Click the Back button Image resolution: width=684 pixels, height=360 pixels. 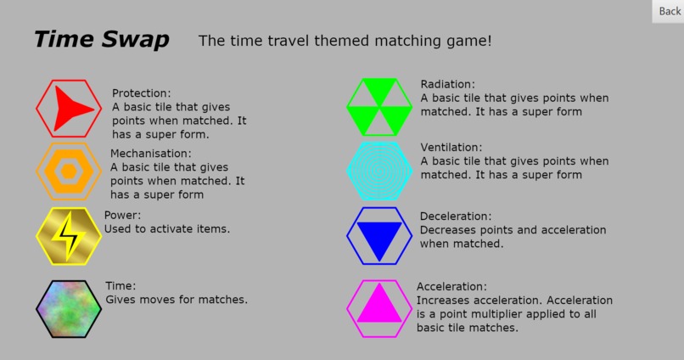point(669,11)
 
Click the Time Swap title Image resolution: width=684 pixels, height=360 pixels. point(101,40)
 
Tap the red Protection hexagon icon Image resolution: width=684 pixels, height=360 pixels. point(70,108)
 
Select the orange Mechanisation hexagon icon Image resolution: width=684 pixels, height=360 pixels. point(69,171)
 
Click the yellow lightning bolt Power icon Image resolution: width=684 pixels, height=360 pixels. point(69,236)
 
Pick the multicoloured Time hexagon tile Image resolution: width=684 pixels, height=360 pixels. point(69,309)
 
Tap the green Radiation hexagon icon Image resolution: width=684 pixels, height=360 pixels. point(378,107)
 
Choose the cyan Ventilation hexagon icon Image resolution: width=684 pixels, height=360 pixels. point(378,171)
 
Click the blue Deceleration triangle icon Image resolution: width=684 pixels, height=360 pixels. point(378,236)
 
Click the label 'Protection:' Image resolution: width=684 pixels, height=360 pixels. point(141,93)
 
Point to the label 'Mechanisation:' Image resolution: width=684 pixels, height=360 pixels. point(151,154)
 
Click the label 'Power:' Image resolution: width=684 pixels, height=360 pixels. point(122,216)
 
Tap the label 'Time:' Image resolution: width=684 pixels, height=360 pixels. point(121,286)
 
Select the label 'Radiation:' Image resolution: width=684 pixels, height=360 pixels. point(447,84)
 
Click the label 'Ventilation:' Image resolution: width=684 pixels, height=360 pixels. point(451,147)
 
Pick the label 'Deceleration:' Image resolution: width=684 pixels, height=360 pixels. point(456,217)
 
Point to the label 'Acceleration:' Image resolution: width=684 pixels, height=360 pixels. point(452,287)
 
